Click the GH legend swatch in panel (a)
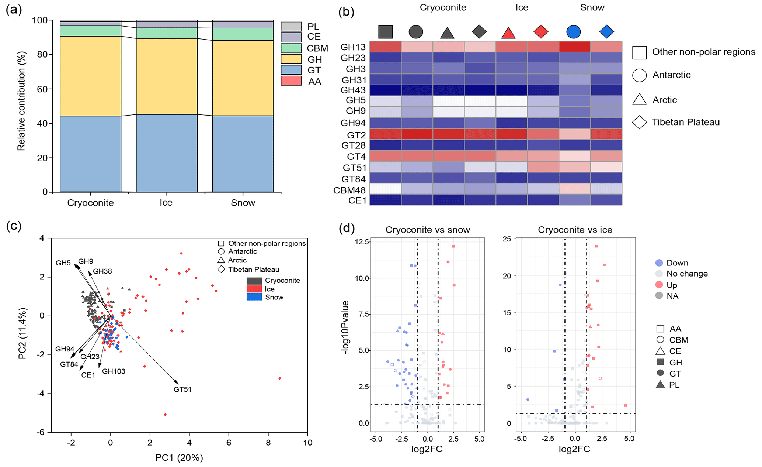pyautogui.click(x=291, y=59)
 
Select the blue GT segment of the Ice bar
pyautogui.click(x=167, y=153)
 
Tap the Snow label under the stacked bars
pyautogui.click(x=243, y=203)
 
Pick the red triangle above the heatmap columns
pyautogui.click(x=508, y=32)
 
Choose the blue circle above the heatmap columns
pyautogui.click(x=573, y=32)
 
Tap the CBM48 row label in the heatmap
pyautogui.click(x=349, y=190)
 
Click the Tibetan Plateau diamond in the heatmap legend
pyautogui.click(x=639, y=122)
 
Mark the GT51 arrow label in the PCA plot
pyautogui.click(x=182, y=389)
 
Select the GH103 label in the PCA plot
pyautogui.click(x=114, y=371)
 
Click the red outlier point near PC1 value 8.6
pyautogui.click(x=279, y=378)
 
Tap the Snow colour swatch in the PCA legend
pyautogui.click(x=254, y=297)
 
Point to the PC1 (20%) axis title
pyautogui.click(x=179, y=458)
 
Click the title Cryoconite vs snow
pyautogui.click(x=428, y=230)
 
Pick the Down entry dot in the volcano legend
pyautogui.click(x=659, y=263)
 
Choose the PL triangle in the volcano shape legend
pyautogui.click(x=660, y=385)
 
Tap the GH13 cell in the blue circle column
pyautogui.click(x=574, y=47)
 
